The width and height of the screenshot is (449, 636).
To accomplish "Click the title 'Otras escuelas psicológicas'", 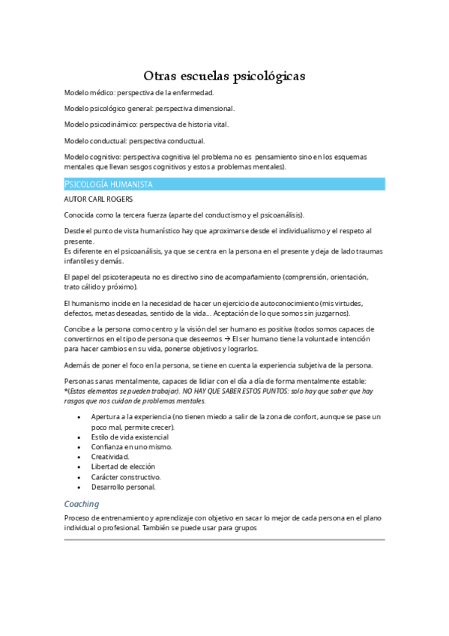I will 224,76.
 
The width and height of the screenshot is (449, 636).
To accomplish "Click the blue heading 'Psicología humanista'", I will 109,184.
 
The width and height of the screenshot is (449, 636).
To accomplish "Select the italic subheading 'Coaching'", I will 82,504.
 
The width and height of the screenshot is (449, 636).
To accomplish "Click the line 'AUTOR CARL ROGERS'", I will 99,199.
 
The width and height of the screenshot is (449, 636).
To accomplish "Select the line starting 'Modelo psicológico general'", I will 149,109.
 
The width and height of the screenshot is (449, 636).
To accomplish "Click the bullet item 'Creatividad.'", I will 110,457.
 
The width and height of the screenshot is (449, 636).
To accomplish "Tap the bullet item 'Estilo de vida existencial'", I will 130,437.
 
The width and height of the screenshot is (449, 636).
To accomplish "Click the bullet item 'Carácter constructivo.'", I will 126,476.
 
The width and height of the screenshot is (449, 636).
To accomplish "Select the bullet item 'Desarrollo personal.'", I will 124,486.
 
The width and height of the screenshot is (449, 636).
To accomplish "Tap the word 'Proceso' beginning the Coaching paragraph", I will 77,518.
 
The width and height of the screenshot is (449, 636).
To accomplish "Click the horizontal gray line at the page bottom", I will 224,539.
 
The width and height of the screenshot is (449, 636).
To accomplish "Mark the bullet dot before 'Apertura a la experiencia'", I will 79,417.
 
